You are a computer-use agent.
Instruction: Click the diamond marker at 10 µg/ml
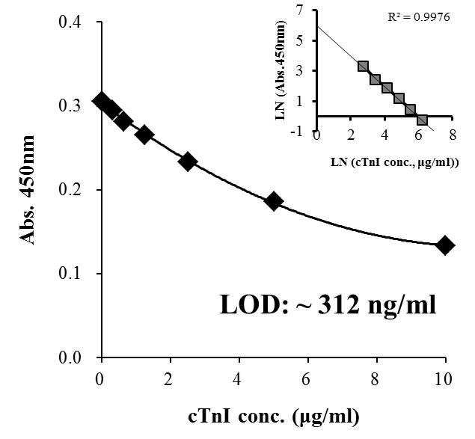coord(445,246)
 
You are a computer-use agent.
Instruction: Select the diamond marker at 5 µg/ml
coord(274,201)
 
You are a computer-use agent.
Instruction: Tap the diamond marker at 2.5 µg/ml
coord(188,162)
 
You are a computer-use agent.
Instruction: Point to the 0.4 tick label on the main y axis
coord(70,22)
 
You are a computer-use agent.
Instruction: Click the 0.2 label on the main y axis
coord(70,190)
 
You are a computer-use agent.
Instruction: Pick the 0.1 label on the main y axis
coord(70,274)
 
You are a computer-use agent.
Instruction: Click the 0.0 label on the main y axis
coord(70,357)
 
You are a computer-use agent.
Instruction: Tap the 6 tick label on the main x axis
coord(307,379)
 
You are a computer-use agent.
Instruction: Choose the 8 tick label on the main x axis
coord(376,379)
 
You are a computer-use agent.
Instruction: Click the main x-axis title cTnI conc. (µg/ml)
coord(274,417)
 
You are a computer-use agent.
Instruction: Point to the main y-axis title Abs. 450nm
coord(27,190)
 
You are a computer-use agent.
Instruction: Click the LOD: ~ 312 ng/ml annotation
coord(328,305)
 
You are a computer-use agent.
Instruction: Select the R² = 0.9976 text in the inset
coord(419,17)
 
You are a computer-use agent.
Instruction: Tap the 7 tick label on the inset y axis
coord(300,11)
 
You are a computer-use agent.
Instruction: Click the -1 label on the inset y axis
coord(296,132)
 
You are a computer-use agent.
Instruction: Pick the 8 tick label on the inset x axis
coord(453,135)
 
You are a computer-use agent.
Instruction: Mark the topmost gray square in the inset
coord(364,67)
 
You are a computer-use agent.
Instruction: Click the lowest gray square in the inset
coord(422,120)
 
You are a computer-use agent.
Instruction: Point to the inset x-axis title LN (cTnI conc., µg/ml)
coord(394,162)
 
